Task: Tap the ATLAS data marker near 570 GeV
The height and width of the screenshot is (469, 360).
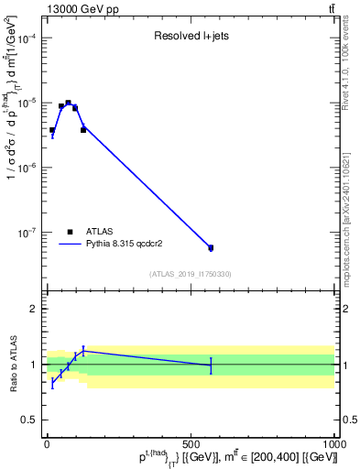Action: click(x=211, y=247)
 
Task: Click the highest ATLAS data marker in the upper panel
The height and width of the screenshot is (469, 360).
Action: click(x=69, y=104)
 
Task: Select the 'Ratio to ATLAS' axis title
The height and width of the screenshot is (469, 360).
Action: click(x=11, y=363)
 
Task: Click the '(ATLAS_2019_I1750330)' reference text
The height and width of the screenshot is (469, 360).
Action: click(x=190, y=274)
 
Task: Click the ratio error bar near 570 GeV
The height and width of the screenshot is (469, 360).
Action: click(x=211, y=365)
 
